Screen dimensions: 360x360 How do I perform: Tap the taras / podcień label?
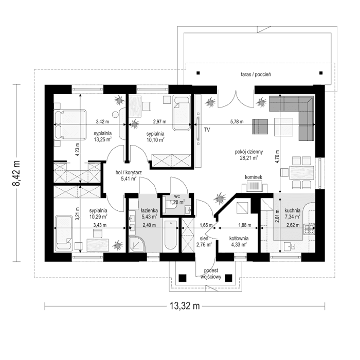click(x=255, y=75)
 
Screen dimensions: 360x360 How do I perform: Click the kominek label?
click(x=254, y=177)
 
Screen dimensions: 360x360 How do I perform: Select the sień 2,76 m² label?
click(x=201, y=242)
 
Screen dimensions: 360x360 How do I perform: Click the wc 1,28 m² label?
click(x=177, y=200)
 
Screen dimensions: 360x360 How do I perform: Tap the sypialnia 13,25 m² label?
click(x=104, y=136)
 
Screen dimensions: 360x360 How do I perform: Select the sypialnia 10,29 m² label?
click(x=98, y=213)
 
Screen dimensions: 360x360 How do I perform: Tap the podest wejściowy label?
click(x=212, y=273)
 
